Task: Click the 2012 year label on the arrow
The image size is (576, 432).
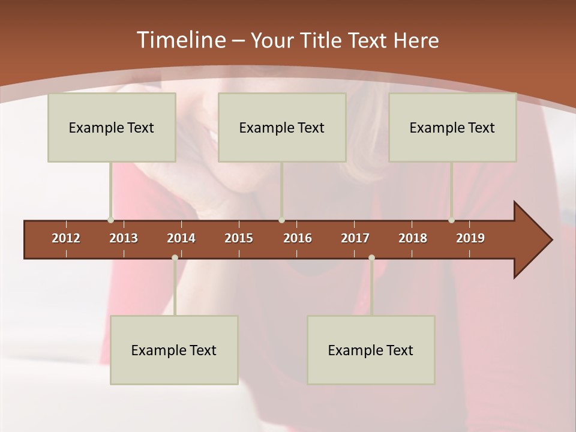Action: point(66,238)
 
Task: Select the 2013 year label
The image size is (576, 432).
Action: point(124,238)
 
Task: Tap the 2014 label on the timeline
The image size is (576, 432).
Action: point(181,238)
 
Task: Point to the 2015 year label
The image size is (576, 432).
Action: point(239,238)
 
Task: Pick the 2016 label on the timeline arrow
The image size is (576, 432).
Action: point(298,238)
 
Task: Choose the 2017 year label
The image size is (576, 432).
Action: point(355,238)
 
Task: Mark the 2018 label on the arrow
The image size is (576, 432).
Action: point(413,238)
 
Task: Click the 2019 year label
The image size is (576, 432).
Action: point(470,238)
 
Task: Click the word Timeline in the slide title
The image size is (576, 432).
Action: point(181,40)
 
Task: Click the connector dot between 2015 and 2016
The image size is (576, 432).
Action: point(281,220)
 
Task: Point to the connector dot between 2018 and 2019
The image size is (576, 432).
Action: point(452,220)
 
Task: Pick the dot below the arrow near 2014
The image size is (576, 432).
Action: point(175,258)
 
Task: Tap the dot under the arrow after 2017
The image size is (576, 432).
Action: point(371,258)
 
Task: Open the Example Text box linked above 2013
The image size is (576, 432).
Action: point(112,127)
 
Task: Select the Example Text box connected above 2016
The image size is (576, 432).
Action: point(282,127)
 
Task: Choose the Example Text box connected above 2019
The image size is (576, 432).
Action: point(452,127)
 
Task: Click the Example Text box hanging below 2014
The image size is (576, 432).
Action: point(174,350)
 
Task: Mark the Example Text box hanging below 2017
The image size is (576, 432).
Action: point(371,350)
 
